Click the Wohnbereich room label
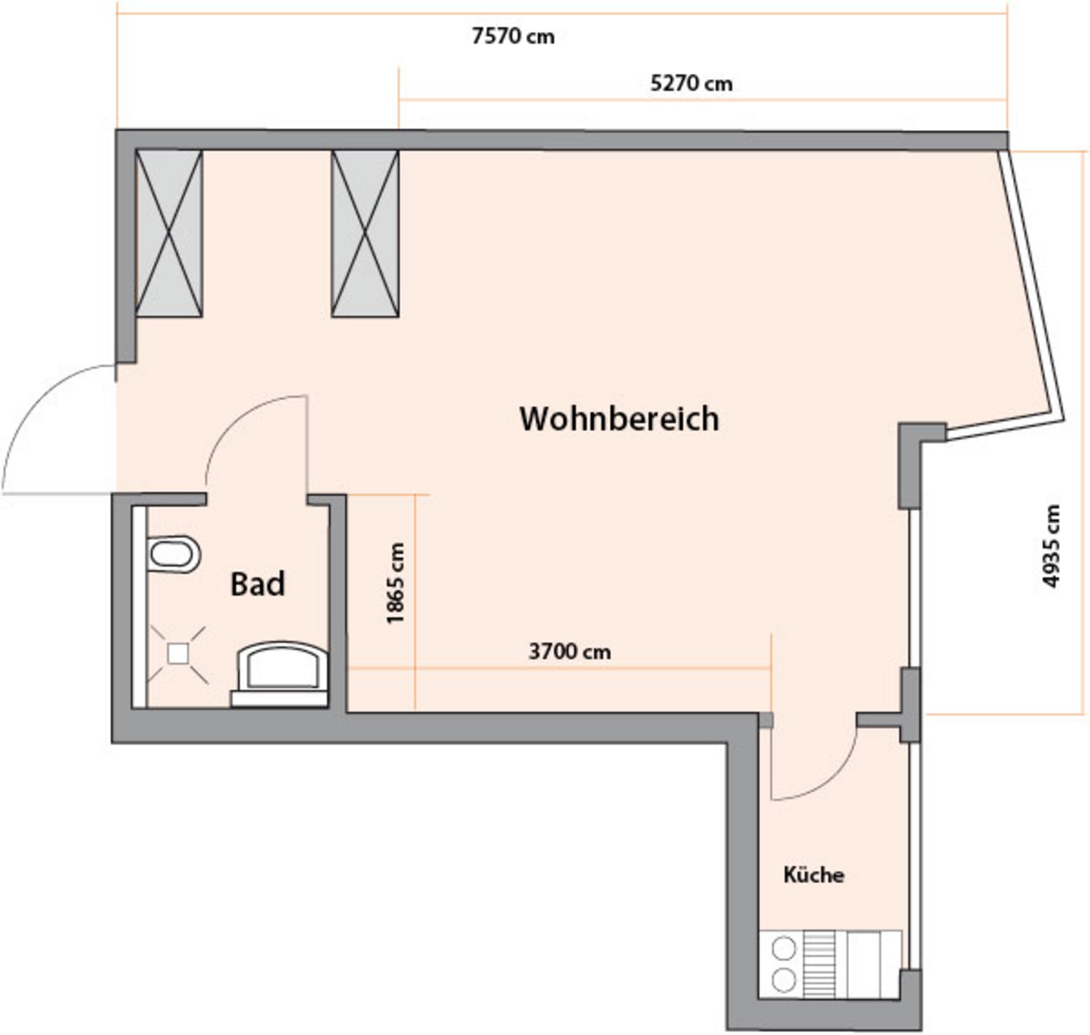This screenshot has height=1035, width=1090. [x=619, y=419]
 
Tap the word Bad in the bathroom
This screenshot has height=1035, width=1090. [x=257, y=584]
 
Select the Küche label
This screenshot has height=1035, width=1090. [x=814, y=874]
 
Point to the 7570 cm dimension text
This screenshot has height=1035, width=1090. [x=513, y=37]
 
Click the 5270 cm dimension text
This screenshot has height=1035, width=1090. [x=691, y=84]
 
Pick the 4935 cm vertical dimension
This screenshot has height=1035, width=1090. [x=1051, y=546]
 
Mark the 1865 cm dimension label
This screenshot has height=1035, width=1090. [x=395, y=584]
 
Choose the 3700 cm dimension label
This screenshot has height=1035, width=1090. [x=569, y=651]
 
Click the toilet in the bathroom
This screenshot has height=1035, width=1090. [x=174, y=554]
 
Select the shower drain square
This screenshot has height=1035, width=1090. [x=178, y=654]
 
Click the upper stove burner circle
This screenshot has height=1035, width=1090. [x=784, y=948]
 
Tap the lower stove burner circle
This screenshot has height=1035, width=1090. [x=784, y=979]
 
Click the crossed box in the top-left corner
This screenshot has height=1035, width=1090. [x=169, y=233]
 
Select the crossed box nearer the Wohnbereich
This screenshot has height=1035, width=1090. [x=365, y=233]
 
